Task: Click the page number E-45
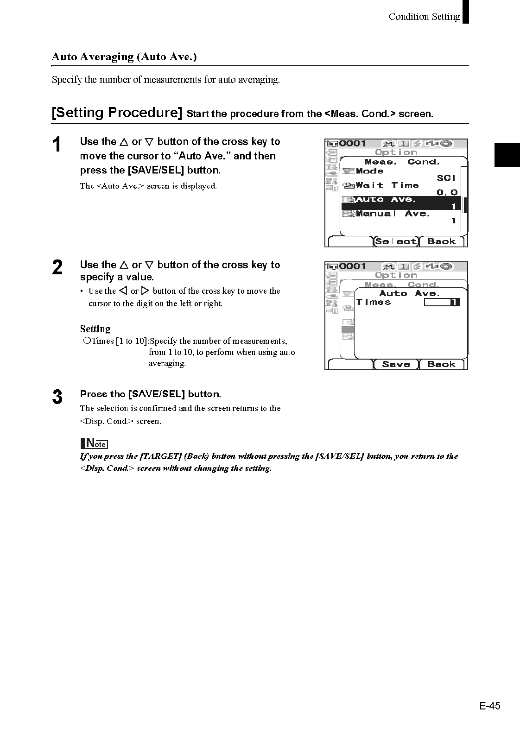click(490, 706)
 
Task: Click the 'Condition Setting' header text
click(424, 17)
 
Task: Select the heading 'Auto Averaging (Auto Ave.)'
click(124, 57)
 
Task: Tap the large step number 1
click(57, 145)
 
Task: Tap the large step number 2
click(57, 268)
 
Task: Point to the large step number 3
click(57, 397)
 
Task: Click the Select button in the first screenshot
click(396, 241)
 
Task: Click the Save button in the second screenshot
click(396, 364)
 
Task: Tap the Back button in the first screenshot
click(441, 241)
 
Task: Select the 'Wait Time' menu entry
click(387, 185)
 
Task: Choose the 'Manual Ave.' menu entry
click(392, 214)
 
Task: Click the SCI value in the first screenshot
click(446, 178)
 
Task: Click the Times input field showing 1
click(442, 302)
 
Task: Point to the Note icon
click(94, 443)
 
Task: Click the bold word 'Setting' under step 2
click(95, 329)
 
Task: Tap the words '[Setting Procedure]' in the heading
click(117, 113)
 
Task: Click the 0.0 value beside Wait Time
click(447, 192)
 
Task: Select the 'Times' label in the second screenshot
click(374, 302)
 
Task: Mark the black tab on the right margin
click(507, 155)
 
